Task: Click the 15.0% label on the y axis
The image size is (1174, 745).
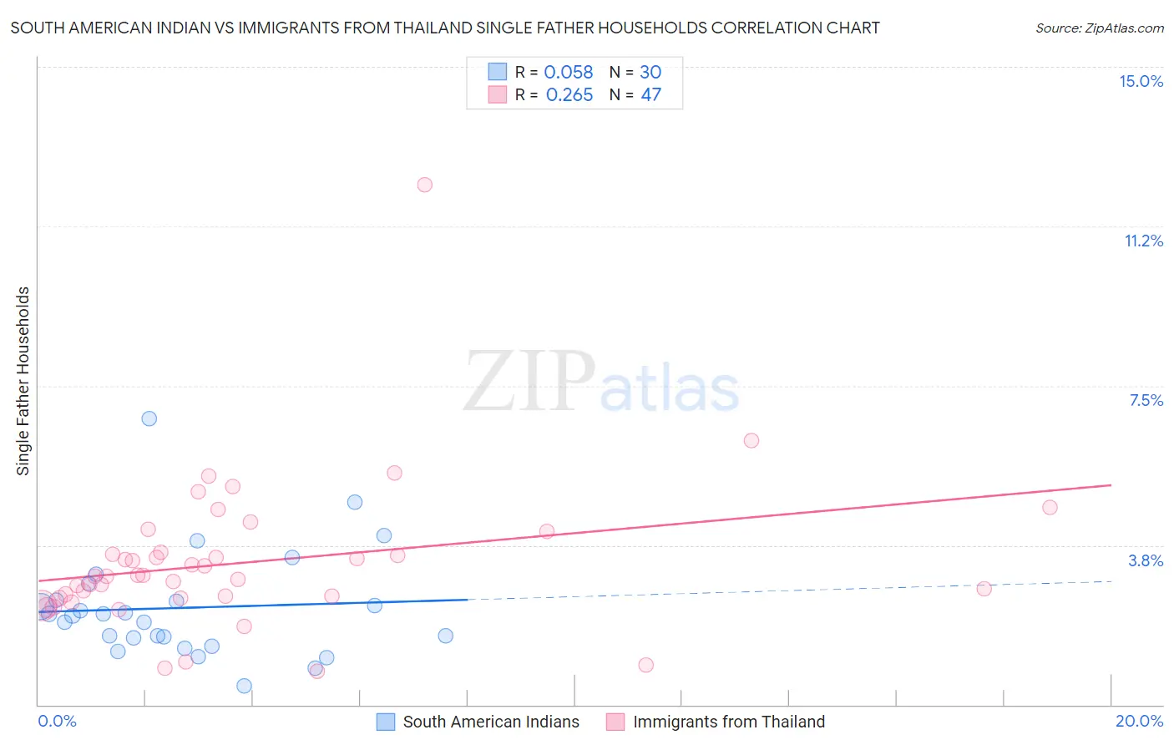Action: (1141, 81)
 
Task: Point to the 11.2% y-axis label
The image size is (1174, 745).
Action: (1143, 241)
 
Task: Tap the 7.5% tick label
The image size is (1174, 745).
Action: (1146, 400)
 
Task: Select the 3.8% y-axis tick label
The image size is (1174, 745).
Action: (1146, 560)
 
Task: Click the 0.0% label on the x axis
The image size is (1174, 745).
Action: (57, 721)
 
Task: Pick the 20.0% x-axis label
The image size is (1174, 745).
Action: (1139, 721)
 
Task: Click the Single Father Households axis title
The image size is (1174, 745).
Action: (23, 381)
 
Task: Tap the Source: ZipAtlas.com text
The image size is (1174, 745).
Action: (1099, 28)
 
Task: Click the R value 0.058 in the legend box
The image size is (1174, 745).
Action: (568, 73)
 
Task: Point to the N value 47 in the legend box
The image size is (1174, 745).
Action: (650, 95)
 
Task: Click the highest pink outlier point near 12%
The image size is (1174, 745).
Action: (424, 185)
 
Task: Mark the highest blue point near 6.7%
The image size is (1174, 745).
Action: (149, 418)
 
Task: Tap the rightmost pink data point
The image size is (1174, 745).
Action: (1050, 507)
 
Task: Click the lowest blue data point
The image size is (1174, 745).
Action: (244, 686)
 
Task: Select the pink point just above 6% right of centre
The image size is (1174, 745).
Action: (751, 440)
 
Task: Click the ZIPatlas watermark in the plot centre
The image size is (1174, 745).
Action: (601, 383)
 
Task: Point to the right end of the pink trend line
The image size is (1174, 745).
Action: (1111, 485)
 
